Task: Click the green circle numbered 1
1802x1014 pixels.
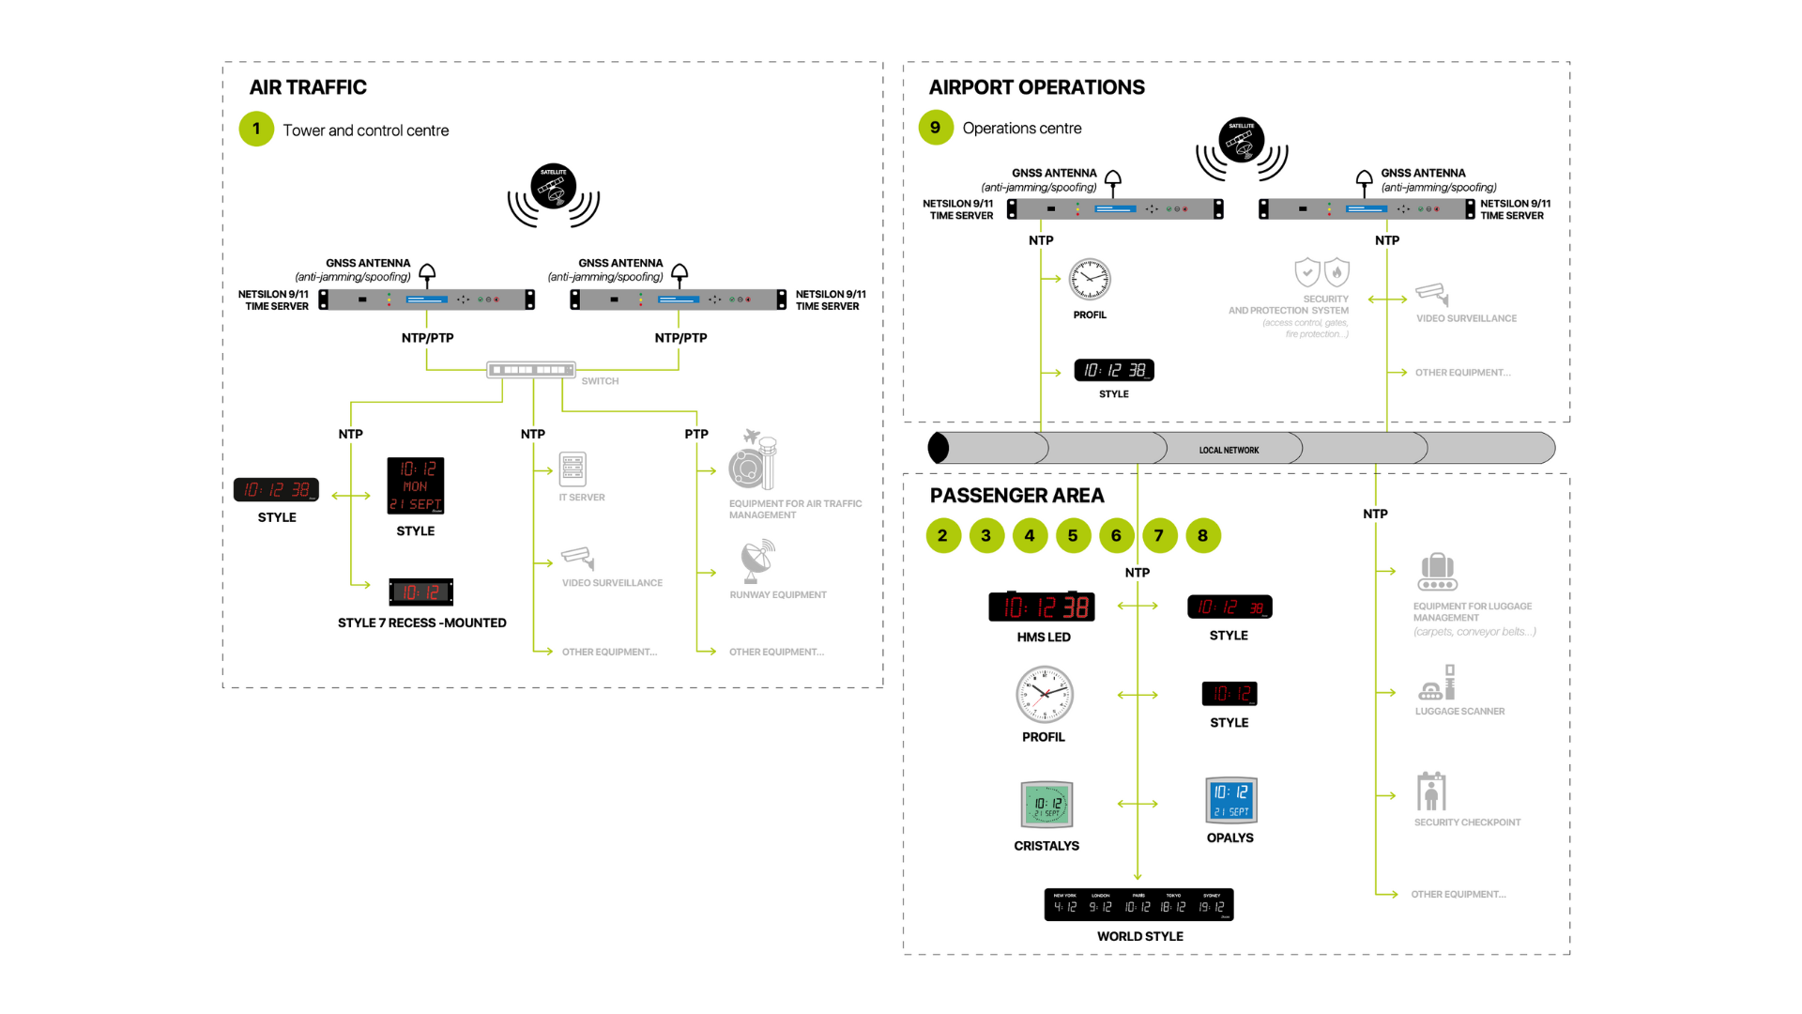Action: (x=256, y=130)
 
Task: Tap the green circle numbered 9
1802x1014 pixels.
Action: (x=936, y=128)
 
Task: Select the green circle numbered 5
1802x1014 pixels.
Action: (x=1073, y=536)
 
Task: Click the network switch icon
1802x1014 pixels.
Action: (x=531, y=370)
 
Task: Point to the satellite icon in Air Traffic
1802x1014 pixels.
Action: (x=553, y=187)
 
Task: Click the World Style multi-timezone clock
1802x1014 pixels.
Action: (x=1138, y=905)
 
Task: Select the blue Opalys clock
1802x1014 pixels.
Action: (x=1230, y=800)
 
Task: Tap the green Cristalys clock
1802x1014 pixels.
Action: (x=1046, y=805)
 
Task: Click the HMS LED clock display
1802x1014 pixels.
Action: (x=1042, y=607)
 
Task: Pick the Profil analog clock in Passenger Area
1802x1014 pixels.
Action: (x=1045, y=695)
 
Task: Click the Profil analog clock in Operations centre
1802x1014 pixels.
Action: (x=1090, y=279)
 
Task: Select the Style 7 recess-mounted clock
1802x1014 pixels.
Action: (x=421, y=592)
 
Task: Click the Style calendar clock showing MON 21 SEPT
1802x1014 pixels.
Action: (x=416, y=485)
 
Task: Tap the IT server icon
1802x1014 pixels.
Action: (x=573, y=469)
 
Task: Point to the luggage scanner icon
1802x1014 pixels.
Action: (x=1437, y=684)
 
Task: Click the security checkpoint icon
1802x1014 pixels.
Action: (x=1431, y=792)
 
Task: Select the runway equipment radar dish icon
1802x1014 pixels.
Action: (x=756, y=561)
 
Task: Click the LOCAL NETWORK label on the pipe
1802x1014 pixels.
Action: (x=1229, y=451)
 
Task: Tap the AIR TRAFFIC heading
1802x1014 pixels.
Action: (x=308, y=87)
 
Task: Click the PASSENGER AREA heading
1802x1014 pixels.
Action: (x=1016, y=496)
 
